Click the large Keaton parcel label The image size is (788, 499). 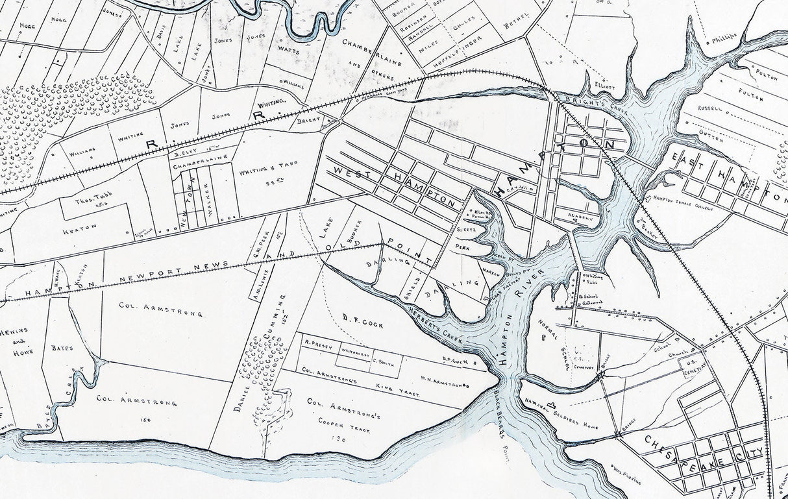pyautogui.click(x=79, y=226)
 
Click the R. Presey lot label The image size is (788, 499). pyautogui.click(x=317, y=345)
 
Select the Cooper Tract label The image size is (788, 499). pyautogui.click(x=339, y=420)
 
